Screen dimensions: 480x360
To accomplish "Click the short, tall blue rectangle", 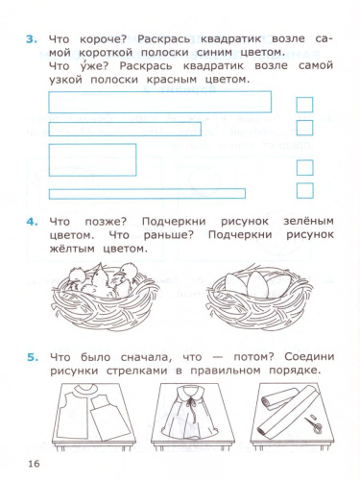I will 91,159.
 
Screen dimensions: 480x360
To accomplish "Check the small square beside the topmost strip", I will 304,104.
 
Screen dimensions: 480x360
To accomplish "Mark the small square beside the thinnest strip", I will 304,190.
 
